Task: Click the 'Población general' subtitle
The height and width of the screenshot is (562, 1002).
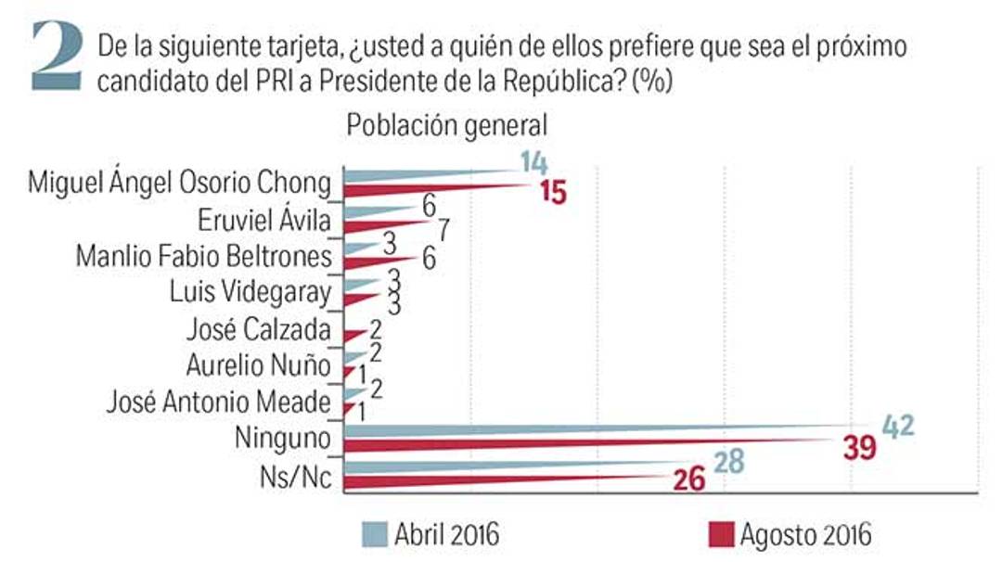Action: [x=447, y=125]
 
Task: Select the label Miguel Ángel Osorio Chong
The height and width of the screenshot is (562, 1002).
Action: [x=179, y=182]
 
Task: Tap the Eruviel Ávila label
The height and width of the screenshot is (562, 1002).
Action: [x=264, y=221]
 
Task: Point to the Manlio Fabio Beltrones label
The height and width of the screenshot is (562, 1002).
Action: [x=202, y=256]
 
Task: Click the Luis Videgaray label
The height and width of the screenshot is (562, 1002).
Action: [x=250, y=292]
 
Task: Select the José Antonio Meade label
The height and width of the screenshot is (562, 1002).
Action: [x=218, y=402]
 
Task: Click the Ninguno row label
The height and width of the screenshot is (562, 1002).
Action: [x=285, y=438]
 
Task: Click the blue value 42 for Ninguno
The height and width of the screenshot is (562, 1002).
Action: [x=897, y=426]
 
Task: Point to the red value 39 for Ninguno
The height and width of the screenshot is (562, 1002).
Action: [x=857, y=449]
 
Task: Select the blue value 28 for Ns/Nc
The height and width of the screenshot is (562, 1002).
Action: [x=728, y=462]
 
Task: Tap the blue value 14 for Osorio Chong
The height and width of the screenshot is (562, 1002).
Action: [x=533, y=162]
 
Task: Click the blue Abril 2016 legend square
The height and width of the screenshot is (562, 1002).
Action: [x=373, y=534]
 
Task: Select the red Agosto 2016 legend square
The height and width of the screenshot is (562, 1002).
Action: [x=720, y=534]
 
